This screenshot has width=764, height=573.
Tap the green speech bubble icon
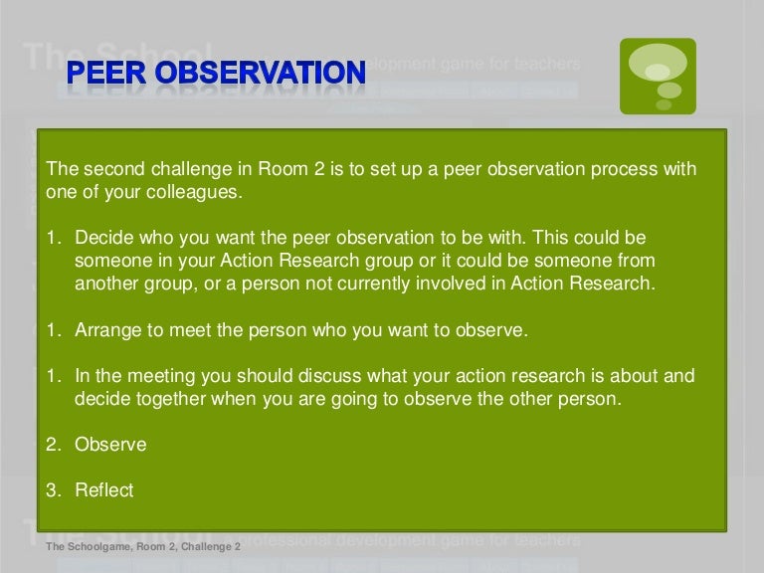tap(658, 77)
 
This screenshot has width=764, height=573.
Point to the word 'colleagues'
tap(190, 192)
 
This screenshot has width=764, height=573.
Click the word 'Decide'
tap(104, 240)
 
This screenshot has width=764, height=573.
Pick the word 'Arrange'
tap(108, 331)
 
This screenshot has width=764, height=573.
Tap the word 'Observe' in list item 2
tap(110, 445)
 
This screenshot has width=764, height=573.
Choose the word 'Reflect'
tap(104, 490)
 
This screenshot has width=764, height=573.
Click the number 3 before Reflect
tap(52, 490)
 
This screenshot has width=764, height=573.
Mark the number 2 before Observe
tap(52, 445)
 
